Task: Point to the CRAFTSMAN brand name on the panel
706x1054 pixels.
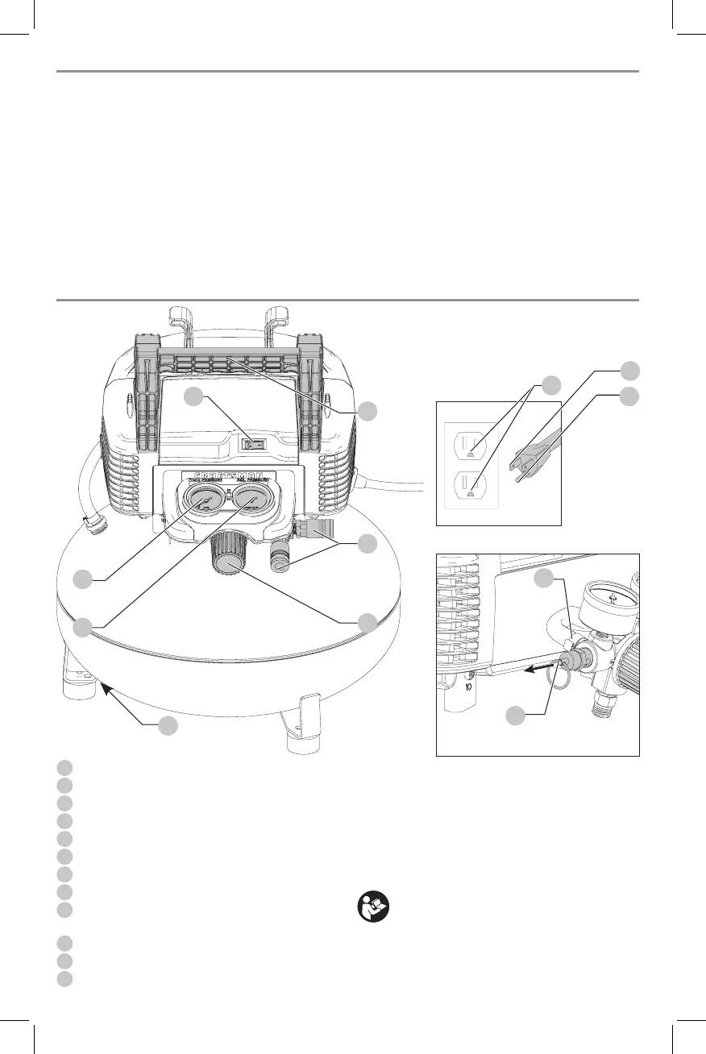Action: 230,476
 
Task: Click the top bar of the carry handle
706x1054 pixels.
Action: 229,355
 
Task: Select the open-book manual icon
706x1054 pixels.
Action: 373,908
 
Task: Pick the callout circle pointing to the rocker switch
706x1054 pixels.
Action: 193,396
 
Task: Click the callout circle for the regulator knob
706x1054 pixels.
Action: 367,622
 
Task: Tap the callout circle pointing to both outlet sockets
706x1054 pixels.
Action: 550,385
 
